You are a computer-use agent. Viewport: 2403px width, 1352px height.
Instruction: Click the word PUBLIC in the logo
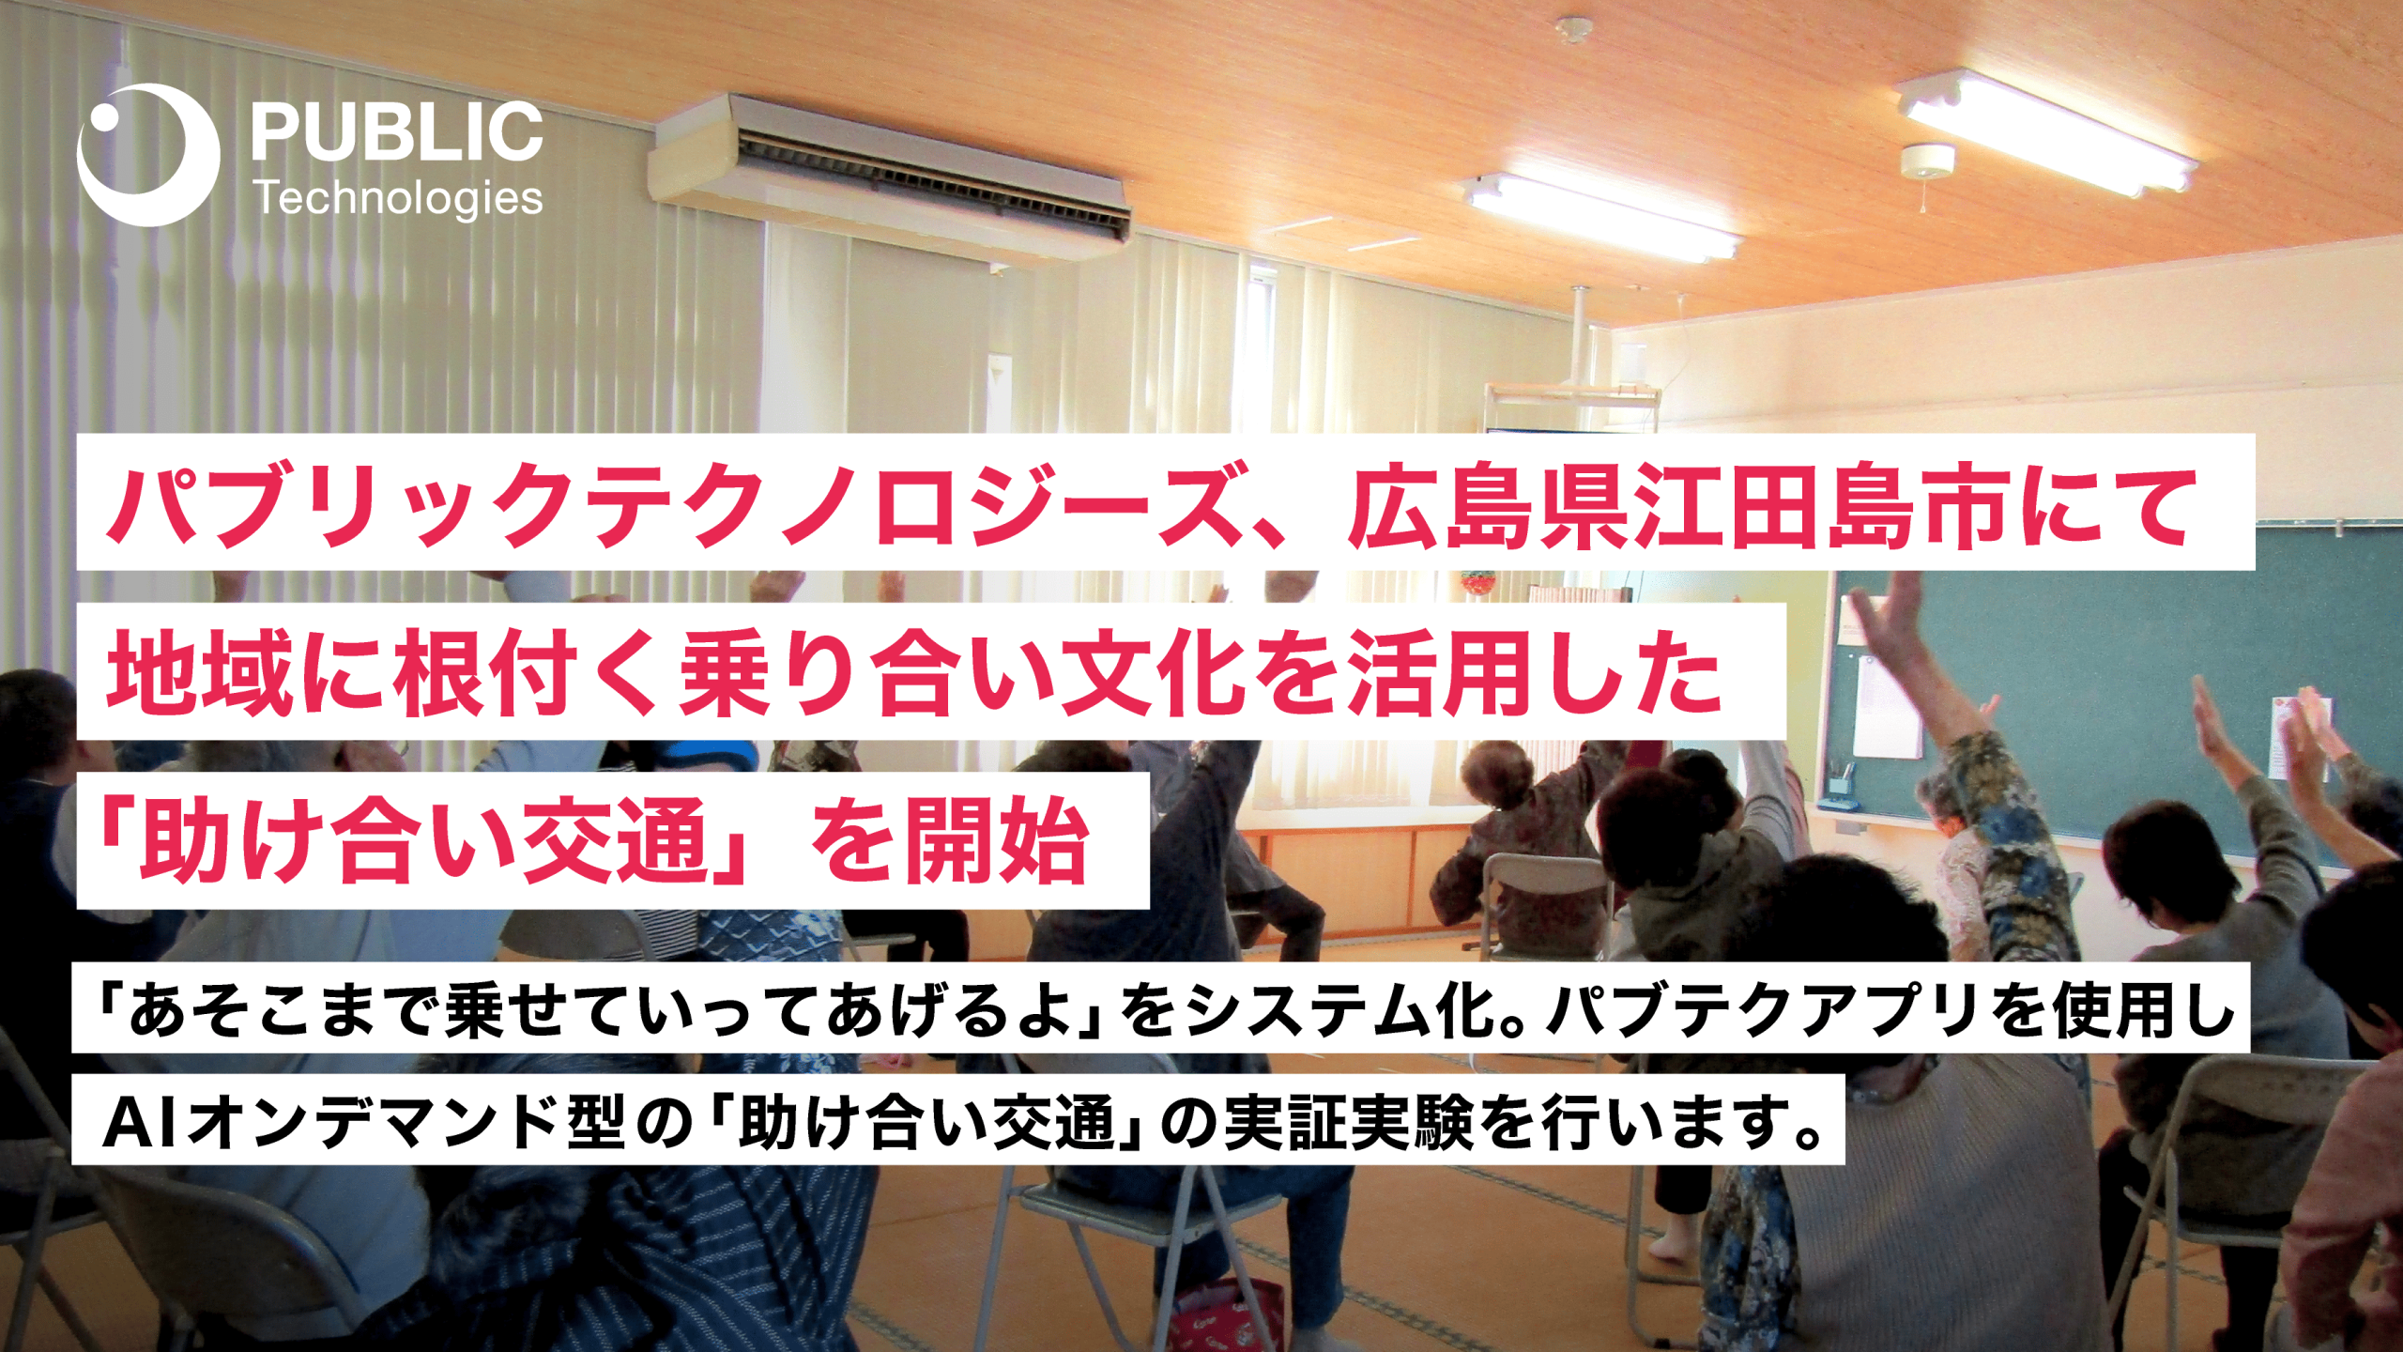tap(397, 131)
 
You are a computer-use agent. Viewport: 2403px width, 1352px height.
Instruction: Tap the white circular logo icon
tap(148, 155)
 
